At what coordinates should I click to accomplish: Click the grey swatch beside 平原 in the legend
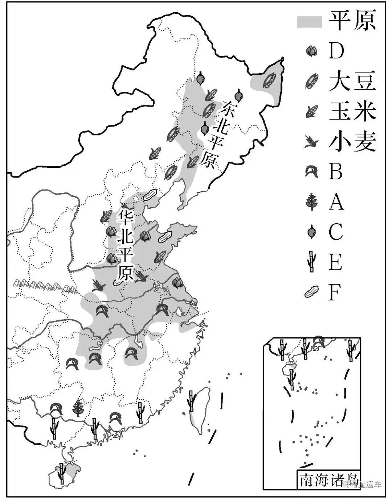(x=309, y=21)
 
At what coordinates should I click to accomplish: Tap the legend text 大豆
(x=352, y=81)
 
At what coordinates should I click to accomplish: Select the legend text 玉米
(x=352, y=111)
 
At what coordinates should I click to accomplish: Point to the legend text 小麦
(x=352, y=141)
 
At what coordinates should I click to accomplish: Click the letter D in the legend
(x=336, y=51)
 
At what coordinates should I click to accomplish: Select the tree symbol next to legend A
(x=311, y=201)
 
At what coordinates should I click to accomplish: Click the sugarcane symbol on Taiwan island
(x=191, y=401)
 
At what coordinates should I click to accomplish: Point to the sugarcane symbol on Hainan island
(x=62, y=473)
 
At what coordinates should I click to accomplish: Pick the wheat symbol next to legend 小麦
(x=311, y=142)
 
